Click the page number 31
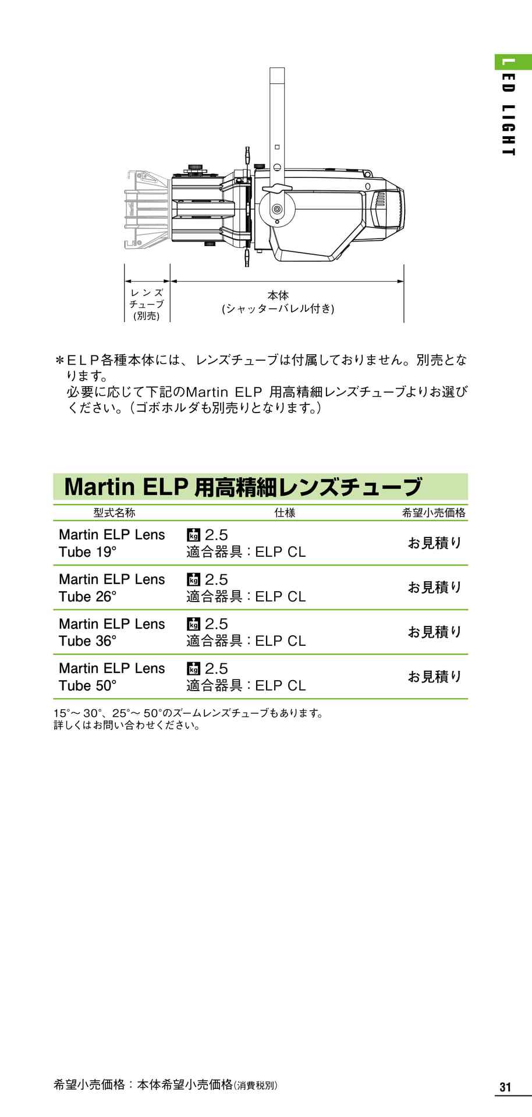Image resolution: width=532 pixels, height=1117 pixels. [x=505, y=1087]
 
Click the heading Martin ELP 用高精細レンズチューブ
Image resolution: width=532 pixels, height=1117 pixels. [x=243, y=487]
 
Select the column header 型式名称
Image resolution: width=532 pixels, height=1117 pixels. [x=115, y=513]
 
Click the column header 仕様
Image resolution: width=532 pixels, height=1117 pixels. [x=285, y=513]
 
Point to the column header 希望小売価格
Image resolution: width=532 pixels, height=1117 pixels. [x=434, y=513]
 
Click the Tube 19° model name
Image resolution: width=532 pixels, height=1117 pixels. [x=112, y=543]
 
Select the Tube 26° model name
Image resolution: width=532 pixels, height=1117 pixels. [x=112, y=588]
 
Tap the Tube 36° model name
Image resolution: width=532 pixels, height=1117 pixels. [x=112, y=632]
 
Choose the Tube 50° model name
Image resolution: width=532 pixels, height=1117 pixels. [x=112, y=677]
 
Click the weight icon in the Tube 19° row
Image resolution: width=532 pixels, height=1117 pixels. [x=193, y=535]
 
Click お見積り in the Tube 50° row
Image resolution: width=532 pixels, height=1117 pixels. [x=434, y=677]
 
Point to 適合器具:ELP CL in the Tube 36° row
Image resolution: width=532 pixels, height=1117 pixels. [x=246, y=641]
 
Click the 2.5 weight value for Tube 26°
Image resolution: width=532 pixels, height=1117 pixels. [x=216, y=579]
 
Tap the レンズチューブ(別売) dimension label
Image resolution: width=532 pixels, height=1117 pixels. [x=147, y=304]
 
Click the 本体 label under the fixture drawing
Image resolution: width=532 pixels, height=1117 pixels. [x=278, y=296]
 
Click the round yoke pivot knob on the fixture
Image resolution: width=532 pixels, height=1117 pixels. [x=277, y=208]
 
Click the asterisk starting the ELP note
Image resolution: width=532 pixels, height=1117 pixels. [x=59, y=360]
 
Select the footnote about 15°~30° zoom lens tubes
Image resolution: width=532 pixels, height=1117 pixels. [x=189, y=719]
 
